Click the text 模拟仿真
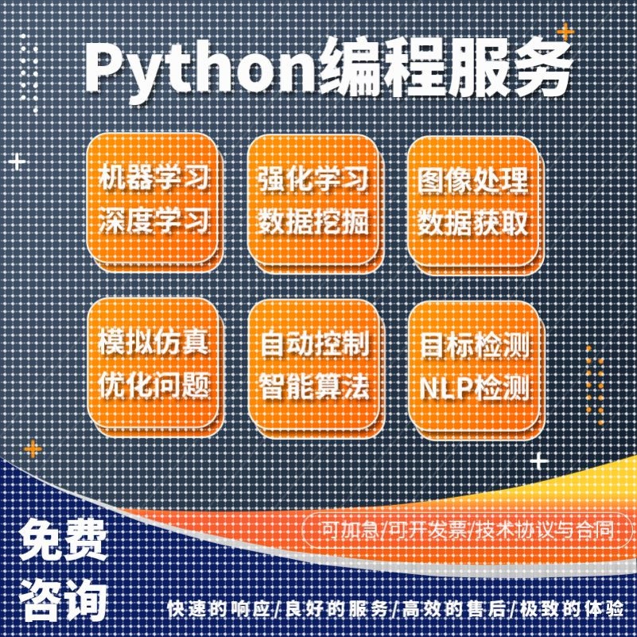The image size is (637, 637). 154,343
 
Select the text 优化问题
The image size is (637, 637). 154,386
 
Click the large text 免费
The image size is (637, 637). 64,541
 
